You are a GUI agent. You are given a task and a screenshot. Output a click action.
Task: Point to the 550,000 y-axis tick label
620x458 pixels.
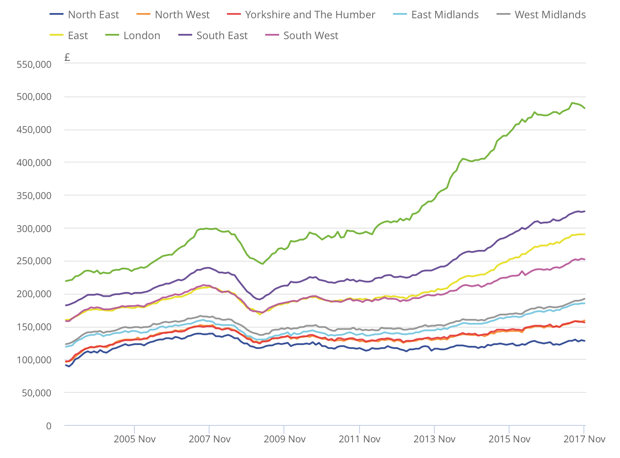pos(34,65)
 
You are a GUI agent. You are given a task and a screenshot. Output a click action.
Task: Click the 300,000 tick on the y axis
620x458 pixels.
pos(34,229)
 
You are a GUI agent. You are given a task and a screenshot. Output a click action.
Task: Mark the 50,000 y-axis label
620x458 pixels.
pos(37,393)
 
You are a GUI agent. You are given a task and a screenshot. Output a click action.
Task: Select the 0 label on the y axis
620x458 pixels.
pos(49,426)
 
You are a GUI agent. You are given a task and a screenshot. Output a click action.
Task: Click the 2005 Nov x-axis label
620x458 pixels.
pos(134,439)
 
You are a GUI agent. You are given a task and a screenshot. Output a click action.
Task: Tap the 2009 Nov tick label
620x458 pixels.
pos(284,439)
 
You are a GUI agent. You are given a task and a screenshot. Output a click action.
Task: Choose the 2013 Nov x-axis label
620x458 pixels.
pos(434,439)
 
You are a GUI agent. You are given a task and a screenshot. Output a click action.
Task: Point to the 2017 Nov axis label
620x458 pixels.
pos(584,439)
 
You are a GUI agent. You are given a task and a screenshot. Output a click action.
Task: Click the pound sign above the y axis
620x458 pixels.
pos(67,57)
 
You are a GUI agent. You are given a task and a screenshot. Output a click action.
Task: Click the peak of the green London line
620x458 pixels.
pos(572,103)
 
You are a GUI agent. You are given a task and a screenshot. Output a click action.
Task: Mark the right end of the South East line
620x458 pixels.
pos(584,211)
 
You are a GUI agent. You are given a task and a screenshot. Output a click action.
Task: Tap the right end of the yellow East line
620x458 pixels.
pos(584,234)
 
